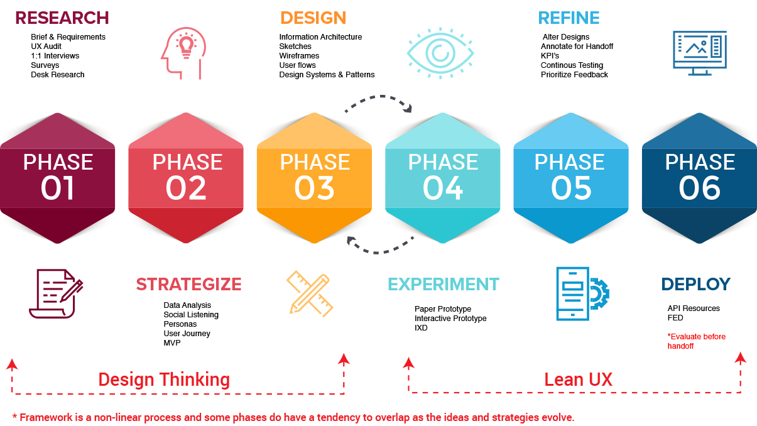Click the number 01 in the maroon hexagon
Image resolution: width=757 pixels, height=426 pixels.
click(x=58, y=188)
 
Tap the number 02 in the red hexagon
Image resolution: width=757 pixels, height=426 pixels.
click(x=187, y=188)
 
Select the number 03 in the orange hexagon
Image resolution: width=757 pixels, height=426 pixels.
click(x=315, y=188)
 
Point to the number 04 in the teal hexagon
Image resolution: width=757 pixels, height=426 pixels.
click(x=443, y=188)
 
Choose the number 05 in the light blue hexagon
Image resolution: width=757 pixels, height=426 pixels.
click(x=571, y=188)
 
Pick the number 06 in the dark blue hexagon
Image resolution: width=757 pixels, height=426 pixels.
click(x=700, y=188)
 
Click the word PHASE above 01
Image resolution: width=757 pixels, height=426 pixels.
click(x=58, y=162)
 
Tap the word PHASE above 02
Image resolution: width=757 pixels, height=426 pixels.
click(x=187, y=162)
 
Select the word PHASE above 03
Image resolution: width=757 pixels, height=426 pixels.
click(x=315, y=162)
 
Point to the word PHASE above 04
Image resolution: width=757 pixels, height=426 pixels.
click(x=443, y=162)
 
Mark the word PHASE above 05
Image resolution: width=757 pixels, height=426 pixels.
click(x=569, y=162)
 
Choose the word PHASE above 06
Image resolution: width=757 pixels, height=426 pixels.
click(x=700, y=162)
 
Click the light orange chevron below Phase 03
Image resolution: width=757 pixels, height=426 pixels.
click(x=308, y=295)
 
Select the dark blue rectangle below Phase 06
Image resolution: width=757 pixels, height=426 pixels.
click(x=709, y=289)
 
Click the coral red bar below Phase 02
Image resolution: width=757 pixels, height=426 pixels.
click(x=188, y=289)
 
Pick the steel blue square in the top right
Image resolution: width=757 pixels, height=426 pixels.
click(x=714, y=55)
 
